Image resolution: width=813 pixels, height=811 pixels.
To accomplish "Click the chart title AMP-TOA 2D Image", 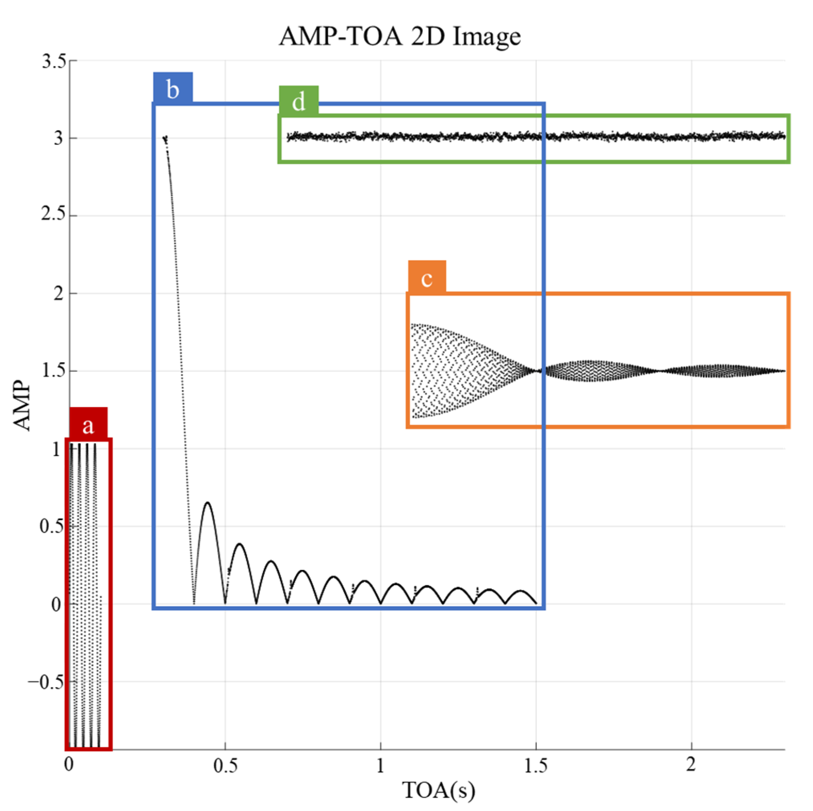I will (x=400, y=36).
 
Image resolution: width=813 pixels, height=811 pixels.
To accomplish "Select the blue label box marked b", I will (x=173, y=88).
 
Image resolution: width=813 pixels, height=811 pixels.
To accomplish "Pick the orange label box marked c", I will (x=427, y=277).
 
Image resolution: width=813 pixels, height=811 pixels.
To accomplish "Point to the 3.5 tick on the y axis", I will (x=54, y=61).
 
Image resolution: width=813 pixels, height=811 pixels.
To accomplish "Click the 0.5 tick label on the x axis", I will (x=225, y=765).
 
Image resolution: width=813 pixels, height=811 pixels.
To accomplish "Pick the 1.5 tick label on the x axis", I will (x=536, y=765).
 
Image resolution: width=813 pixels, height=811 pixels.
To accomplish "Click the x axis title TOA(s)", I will (x=439, y=790).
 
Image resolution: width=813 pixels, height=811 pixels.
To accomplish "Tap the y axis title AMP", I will (x=22, y=406).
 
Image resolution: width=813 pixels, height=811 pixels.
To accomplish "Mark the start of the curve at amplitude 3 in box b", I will (x=165, y=138).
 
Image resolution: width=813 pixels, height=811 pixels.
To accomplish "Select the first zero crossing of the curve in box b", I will (x=194, y=603).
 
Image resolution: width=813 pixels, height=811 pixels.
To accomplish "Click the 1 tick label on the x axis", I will (x=380, y=765).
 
